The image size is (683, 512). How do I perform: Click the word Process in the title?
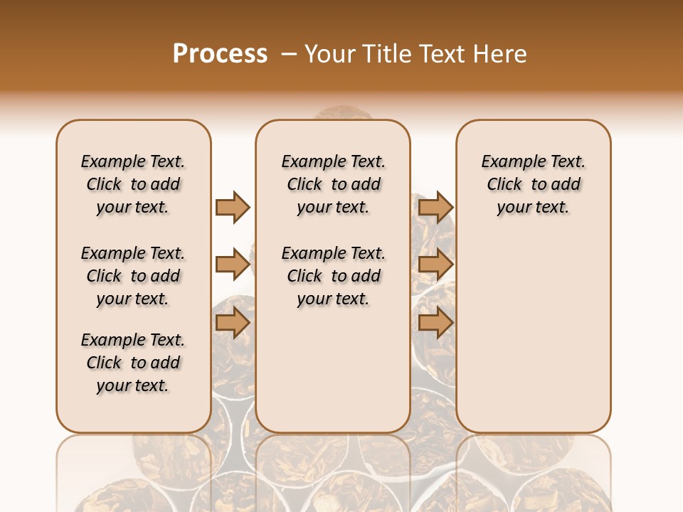[220, 54]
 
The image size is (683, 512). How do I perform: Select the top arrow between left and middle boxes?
[233, 207]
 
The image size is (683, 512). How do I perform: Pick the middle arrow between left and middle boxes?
[233, 265]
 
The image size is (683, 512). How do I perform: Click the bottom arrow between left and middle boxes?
[233, 323]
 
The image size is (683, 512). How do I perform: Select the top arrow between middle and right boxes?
[435, 207]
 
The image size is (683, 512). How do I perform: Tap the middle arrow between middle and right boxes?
[435, 265]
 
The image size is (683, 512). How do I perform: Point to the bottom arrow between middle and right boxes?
[435, 323]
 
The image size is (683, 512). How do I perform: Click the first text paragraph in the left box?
[133, 184]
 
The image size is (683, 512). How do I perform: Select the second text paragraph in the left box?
[133, 276]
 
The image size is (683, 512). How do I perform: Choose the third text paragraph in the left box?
[133, 363]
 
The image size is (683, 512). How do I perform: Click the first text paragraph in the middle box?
[333, 184]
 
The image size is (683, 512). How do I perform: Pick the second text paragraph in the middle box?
[333, 276]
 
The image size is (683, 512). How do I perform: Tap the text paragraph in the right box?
[533, 184]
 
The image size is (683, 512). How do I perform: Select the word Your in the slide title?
[330, 54]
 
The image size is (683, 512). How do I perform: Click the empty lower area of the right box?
[533, 341]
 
